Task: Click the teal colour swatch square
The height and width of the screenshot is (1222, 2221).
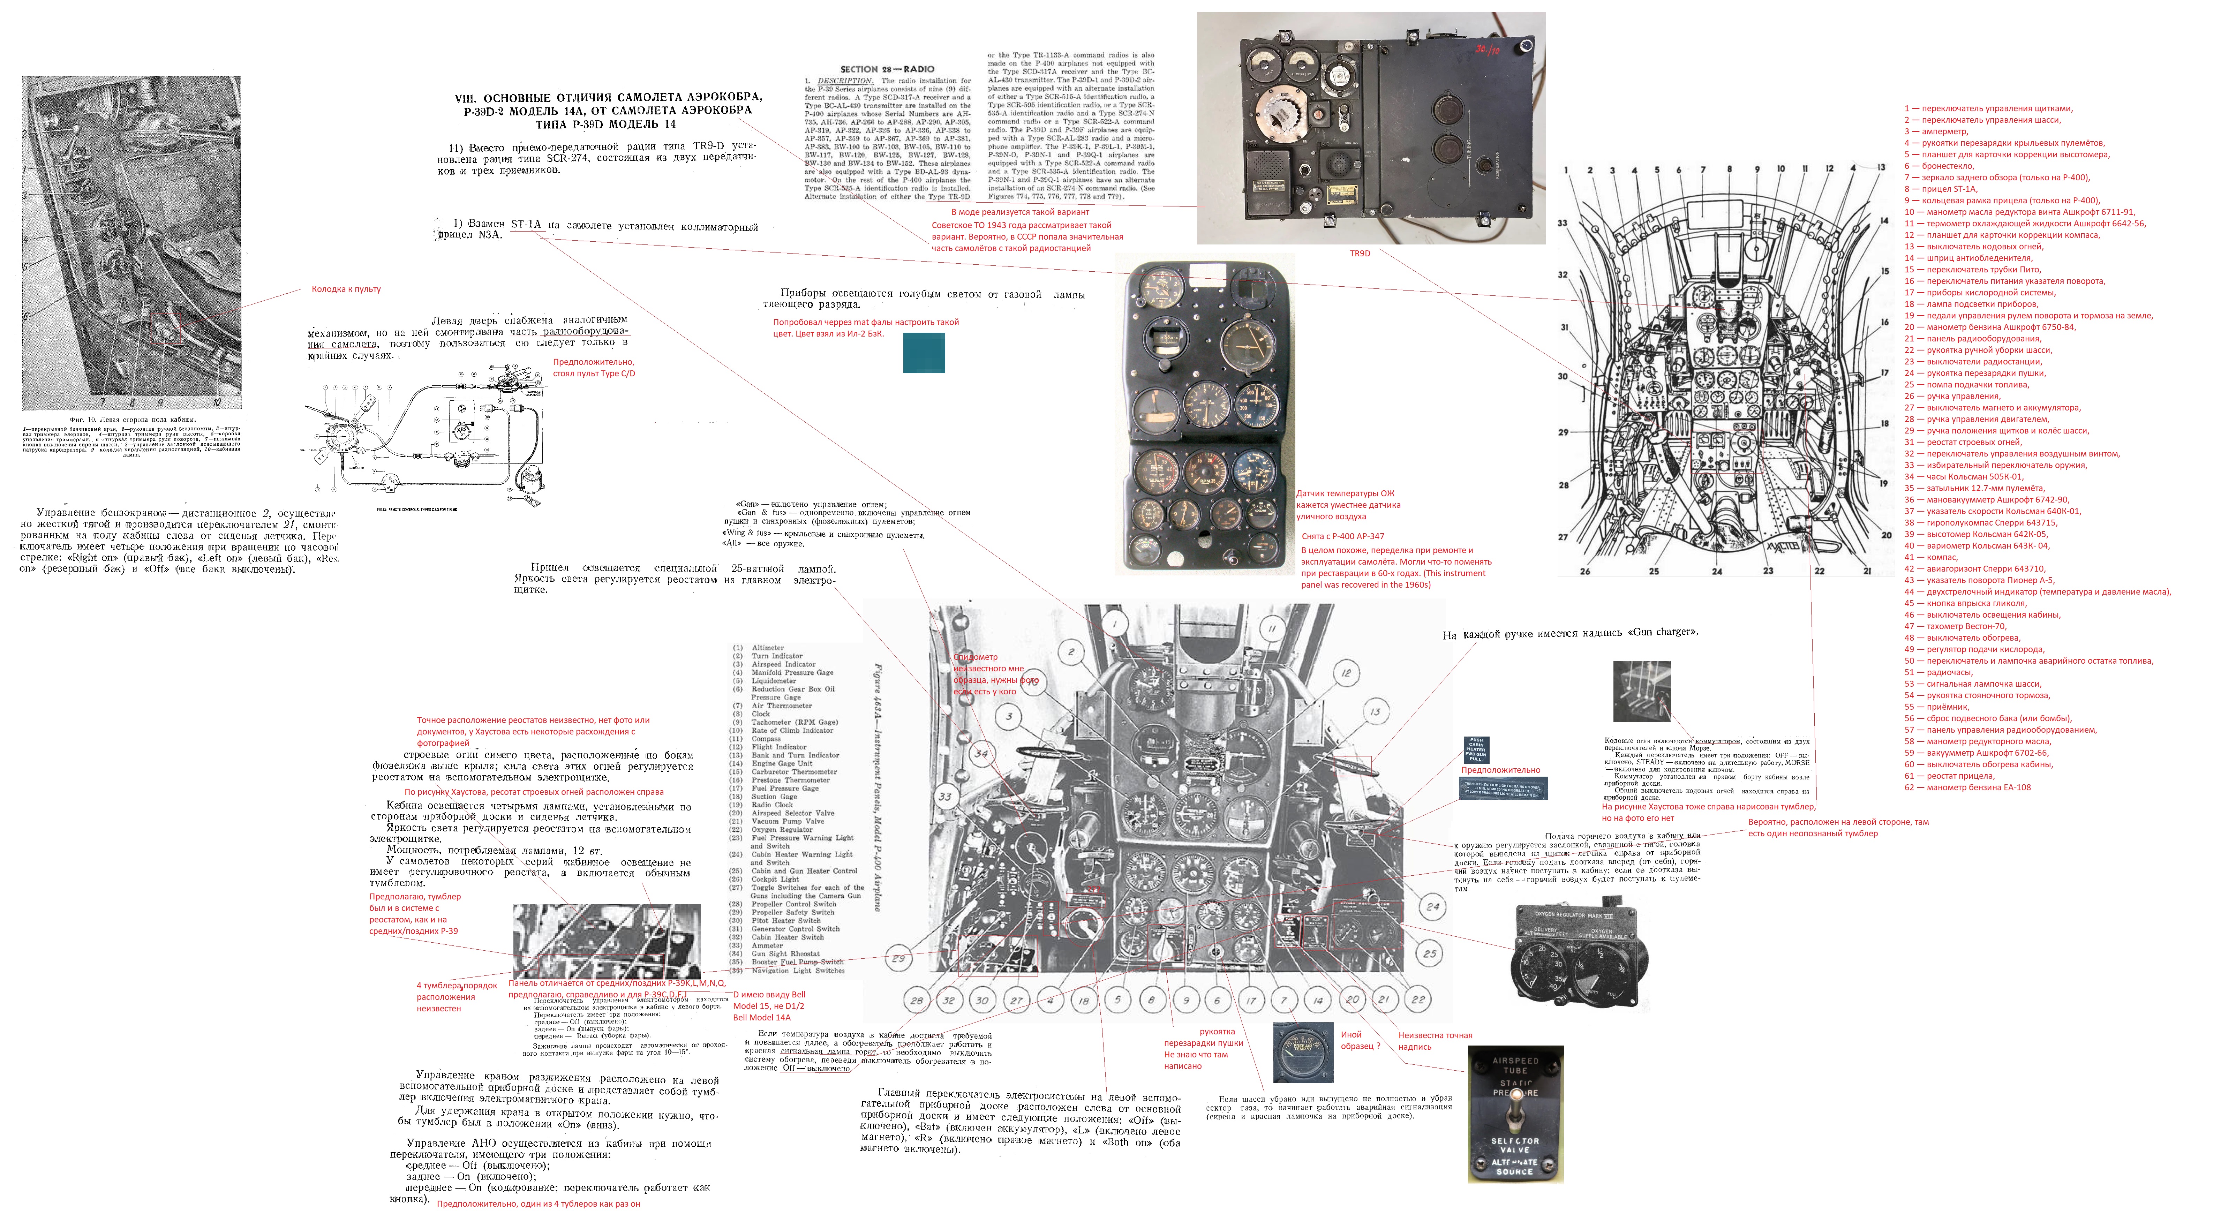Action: [924, 353]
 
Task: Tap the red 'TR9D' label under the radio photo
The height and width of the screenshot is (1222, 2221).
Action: [1360, 254]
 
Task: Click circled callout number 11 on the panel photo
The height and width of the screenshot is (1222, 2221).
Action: [1272, 629]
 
